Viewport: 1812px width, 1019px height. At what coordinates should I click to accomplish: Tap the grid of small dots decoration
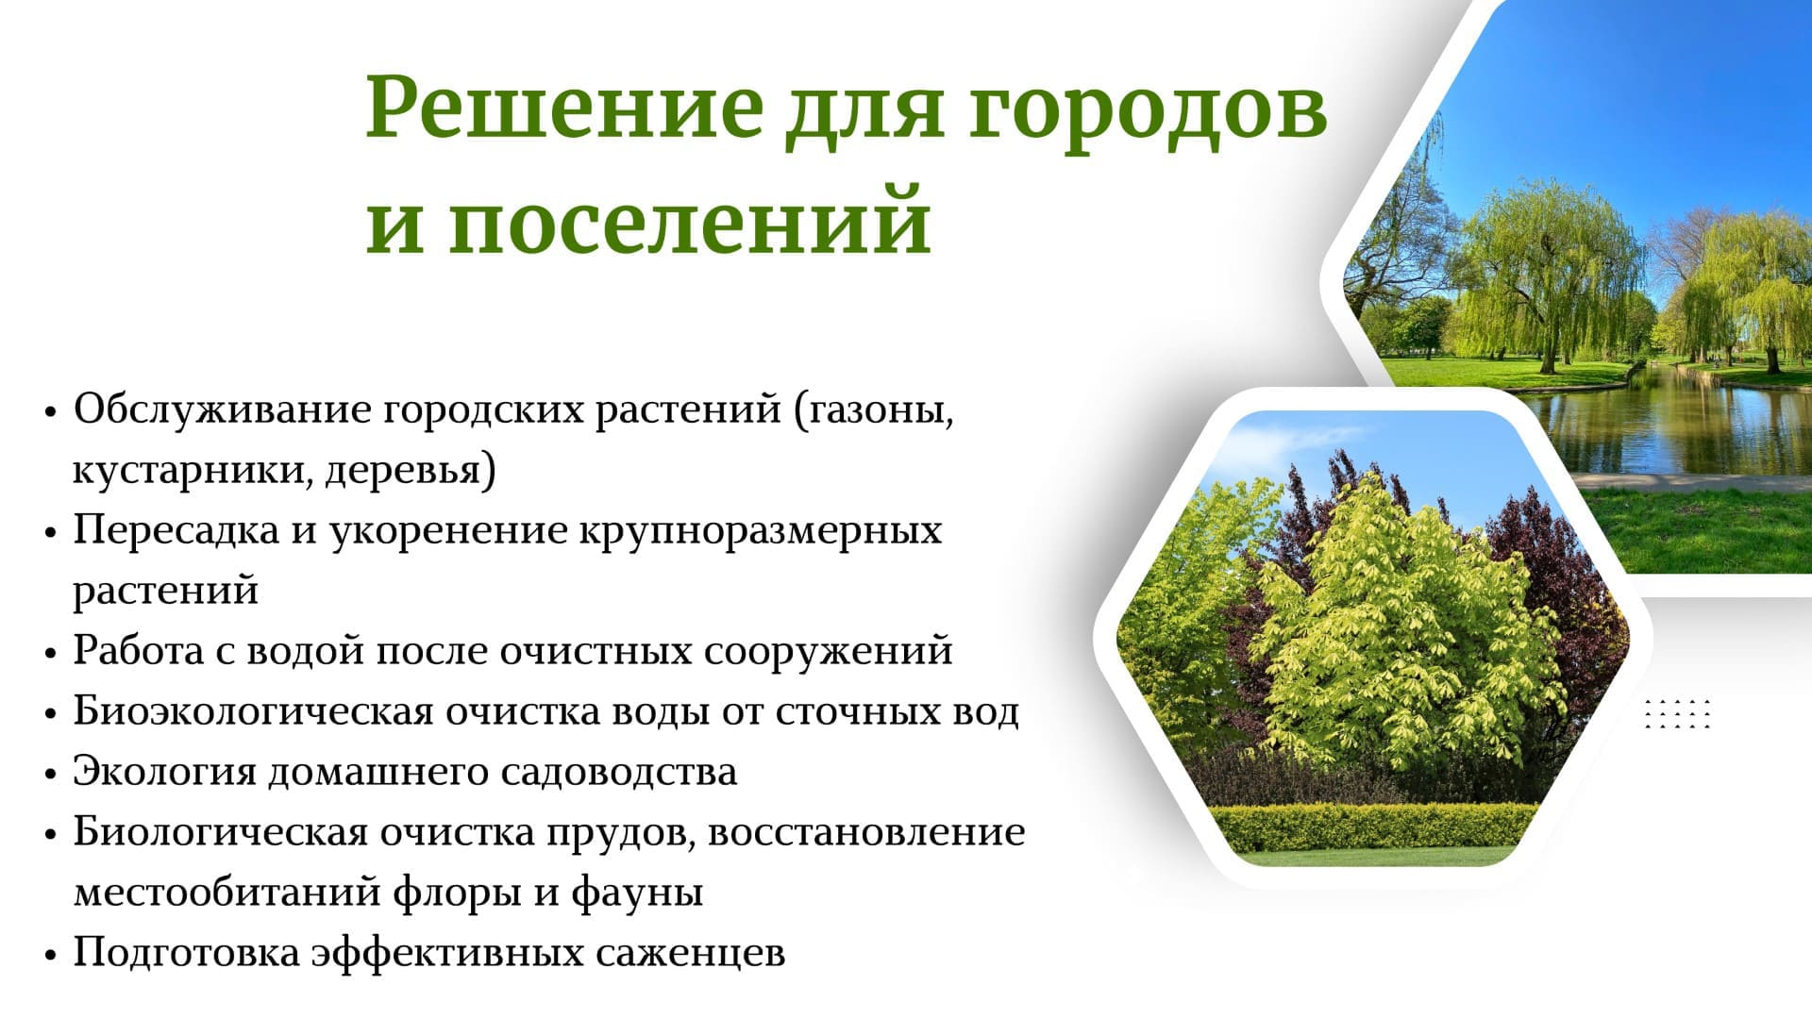(1677, 714)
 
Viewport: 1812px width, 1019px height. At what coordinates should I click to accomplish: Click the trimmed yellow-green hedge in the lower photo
(1373, 827)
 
